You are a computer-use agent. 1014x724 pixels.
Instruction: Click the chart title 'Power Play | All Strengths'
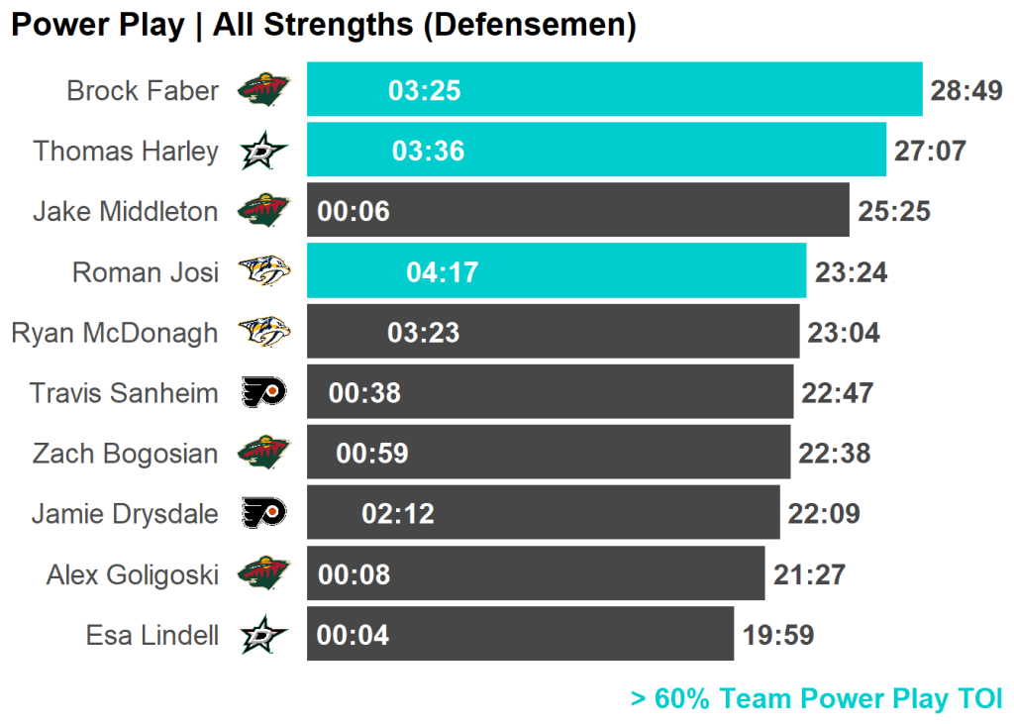323,26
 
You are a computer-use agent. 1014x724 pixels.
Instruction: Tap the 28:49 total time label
966,91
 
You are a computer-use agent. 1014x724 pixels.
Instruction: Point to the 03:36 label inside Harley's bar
428,151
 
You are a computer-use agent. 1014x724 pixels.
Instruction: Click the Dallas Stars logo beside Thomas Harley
263,152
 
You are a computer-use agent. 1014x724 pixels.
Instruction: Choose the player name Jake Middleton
126,211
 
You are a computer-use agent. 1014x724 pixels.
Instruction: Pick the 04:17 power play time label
443,272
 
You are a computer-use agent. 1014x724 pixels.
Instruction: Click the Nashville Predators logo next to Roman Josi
263,271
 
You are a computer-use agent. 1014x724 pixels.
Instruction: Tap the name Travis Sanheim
124,393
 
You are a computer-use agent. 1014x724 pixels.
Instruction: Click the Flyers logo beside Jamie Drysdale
263,513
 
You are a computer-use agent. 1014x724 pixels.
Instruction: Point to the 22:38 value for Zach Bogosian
835,454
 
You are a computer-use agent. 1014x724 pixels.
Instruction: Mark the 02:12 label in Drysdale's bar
398,514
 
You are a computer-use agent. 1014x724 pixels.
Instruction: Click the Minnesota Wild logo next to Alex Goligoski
263,573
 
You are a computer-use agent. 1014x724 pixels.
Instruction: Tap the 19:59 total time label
778,635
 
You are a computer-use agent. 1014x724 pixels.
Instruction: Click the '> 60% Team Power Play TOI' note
816,698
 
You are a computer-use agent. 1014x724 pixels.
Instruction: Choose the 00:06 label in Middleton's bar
354,211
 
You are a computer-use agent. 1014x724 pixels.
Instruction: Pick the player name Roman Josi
146,272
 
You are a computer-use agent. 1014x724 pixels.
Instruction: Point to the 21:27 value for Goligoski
809,574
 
